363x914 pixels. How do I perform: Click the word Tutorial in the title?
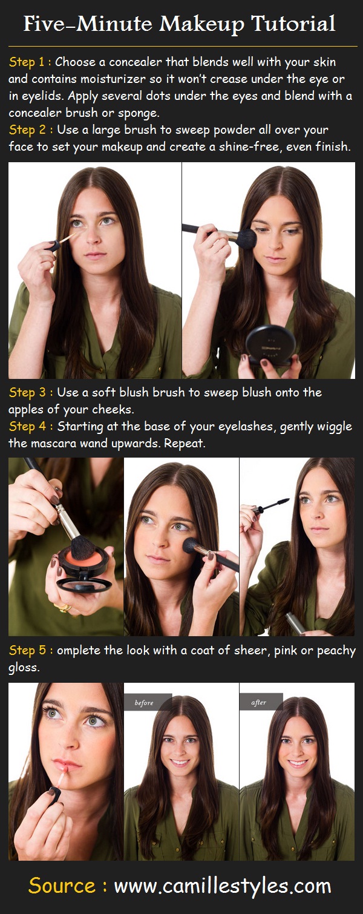click(293, 24)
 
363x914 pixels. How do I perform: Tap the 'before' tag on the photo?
click(145, 703)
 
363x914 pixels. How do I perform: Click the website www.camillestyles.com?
click(222, 886)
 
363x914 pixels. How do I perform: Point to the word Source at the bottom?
click(63, 886)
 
